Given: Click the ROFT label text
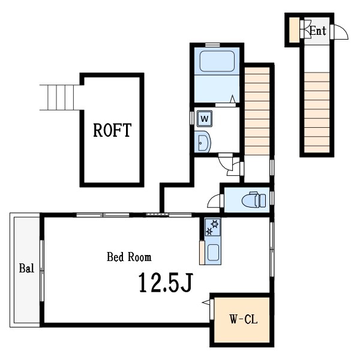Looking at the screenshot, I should (x=112, y=130).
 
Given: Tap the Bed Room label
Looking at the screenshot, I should (x=129, y=257).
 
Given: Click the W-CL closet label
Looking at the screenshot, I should (x=243, y=320).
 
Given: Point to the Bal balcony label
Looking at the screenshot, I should (x=26, y=268).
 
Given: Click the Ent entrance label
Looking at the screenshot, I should (x=318, y=31).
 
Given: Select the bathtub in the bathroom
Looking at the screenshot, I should (x=216, y=62).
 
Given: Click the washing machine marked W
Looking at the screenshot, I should (x=204, y=118).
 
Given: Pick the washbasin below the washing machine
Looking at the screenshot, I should (x=203, y=142).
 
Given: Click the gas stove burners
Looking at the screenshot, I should (x=213, y=227).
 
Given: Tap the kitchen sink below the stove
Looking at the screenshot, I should (x=213, y=253).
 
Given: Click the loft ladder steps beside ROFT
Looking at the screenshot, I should (x=59, y=97).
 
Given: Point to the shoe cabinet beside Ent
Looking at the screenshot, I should (x=294, y=31).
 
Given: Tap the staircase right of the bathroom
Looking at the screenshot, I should (x=257, y=110).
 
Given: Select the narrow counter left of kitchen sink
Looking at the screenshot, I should (x=202, y=253).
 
